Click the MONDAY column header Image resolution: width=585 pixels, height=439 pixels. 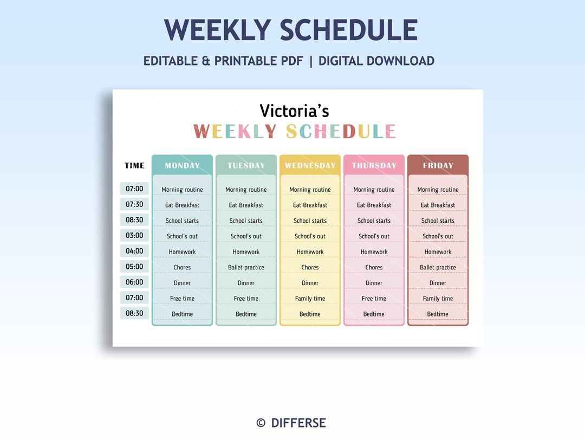point(182,165)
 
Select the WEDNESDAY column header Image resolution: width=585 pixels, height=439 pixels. point(310,165)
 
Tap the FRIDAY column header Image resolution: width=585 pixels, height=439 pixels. point(438,165)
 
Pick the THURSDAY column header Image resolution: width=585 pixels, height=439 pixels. point(374,165)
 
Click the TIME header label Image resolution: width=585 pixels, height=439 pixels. point(134,165)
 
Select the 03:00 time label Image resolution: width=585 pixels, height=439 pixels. point(134,236)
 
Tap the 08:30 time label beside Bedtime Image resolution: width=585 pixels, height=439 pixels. point(134,313)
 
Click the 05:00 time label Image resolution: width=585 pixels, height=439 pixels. point(134,267)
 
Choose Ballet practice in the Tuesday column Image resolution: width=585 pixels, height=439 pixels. point(246,267)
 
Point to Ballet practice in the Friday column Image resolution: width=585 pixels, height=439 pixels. point(438,267)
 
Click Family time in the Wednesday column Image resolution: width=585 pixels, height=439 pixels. point(310,299)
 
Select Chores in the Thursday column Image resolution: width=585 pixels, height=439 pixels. point(374,267)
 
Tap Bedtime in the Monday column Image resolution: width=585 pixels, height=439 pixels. point(182,314)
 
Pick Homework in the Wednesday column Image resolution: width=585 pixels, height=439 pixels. point(310,252)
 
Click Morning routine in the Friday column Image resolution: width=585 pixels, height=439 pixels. point(438,190)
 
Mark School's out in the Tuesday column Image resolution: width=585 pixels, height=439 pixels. point(246,236)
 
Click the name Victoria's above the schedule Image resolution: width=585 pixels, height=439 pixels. point(294,111)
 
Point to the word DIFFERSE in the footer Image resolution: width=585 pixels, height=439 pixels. point(298,423)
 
